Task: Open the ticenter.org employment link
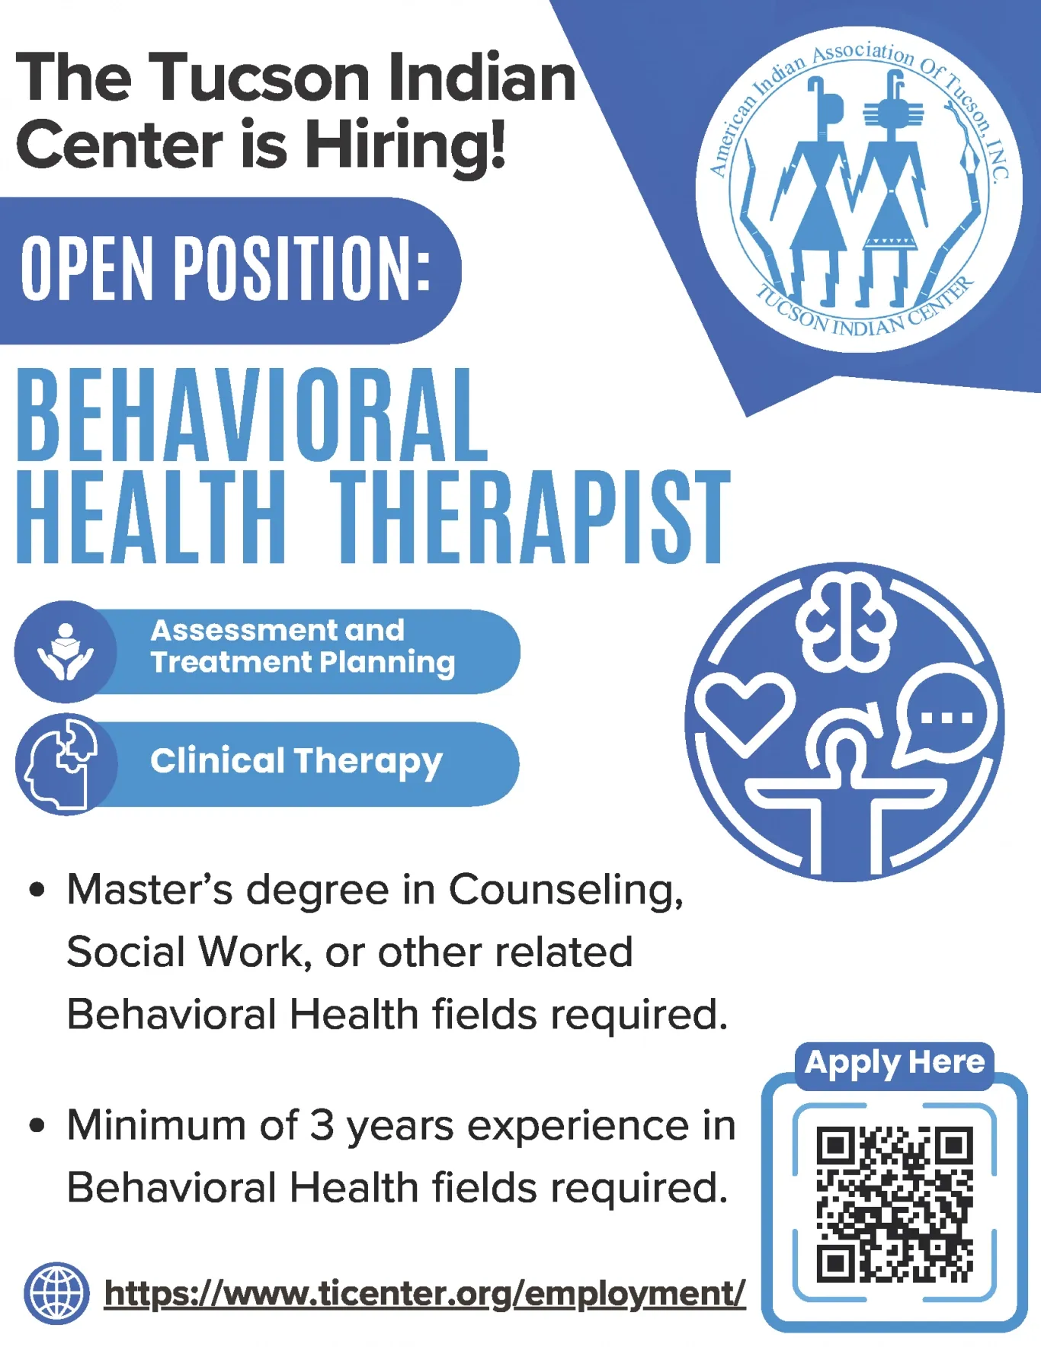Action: coord(424,1294)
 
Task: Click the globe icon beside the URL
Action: coord(56,1293)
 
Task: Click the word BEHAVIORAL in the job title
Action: coord(252,415)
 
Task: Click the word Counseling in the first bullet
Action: coord(565,890)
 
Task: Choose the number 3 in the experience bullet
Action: coord(322,1125)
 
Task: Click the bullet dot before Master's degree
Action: coord(37,890)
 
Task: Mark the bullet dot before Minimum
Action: coord(37,1125)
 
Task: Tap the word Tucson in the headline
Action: coord(260,77)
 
